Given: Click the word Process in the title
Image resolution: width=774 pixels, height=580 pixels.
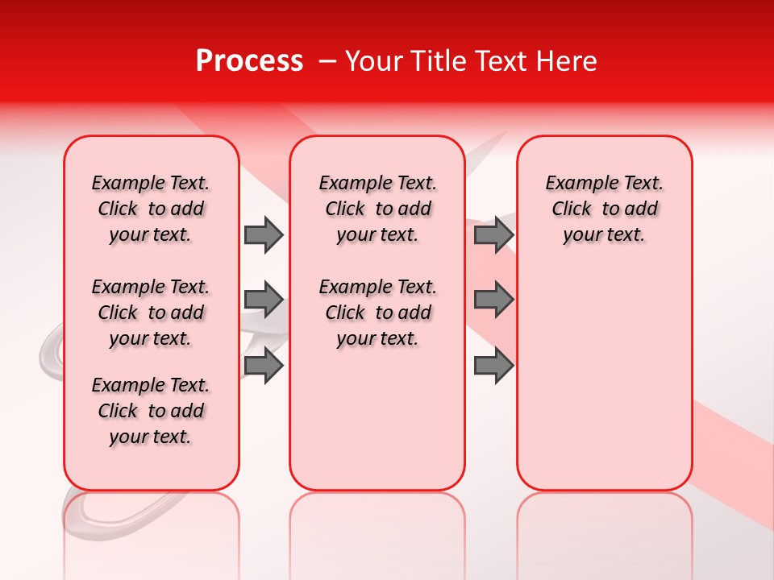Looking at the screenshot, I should point(249,61).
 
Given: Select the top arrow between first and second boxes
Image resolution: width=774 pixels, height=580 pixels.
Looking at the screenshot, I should point(263,235).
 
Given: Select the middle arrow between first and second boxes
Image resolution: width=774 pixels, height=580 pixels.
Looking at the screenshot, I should point(263,300).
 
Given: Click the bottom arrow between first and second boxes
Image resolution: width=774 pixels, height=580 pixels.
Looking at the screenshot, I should point(263,366).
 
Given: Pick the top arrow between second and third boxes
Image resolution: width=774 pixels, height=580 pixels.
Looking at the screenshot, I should point(493,235).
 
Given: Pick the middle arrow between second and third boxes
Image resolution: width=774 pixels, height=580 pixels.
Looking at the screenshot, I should point(493,300).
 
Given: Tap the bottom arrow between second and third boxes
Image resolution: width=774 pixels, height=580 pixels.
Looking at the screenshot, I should point(493,366).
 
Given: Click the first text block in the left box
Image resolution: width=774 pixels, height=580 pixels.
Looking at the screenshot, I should point(151,209).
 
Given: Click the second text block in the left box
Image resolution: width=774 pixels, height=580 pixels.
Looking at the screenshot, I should point(151,313).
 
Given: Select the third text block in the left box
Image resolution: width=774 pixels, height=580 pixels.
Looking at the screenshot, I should point(151,411).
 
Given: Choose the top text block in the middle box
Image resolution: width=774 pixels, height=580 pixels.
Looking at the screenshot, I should point(377,209).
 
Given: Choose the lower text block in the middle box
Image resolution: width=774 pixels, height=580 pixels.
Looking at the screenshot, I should point(377,313).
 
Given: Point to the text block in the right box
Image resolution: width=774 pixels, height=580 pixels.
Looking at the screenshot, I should point(604,209).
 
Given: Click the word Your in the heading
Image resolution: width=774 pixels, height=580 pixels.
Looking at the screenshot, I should point(369,61).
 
